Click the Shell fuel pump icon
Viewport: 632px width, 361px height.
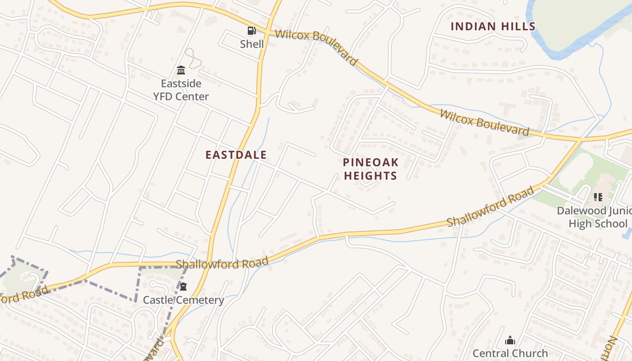tap(251, 31)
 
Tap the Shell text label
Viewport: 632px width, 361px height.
tap(252, 44)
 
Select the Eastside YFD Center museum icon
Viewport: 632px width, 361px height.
tap(181, 70)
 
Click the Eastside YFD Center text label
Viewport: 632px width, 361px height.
tap(181, 90)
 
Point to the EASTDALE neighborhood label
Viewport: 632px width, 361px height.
tap(236, 155)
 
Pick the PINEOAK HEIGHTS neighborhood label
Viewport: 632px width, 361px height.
tap(370, 169)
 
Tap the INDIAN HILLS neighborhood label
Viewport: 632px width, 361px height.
tap(493, 26)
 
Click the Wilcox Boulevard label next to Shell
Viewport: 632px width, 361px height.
tap(316, 46)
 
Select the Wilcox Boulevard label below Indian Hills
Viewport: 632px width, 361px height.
tap(484, 122)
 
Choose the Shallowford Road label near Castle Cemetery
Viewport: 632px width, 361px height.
tap(222, 263)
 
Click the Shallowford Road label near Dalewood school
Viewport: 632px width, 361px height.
tap(490, 208)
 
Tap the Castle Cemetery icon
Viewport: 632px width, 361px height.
tap(183, 287)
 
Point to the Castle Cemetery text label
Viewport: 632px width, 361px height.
tap(183, 300)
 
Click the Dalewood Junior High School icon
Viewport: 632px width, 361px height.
tap(598, 197)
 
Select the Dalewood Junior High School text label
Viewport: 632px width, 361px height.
tap(594, 217)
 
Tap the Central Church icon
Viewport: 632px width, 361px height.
tap(510, 340)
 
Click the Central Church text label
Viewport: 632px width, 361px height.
tap(510, 353)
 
